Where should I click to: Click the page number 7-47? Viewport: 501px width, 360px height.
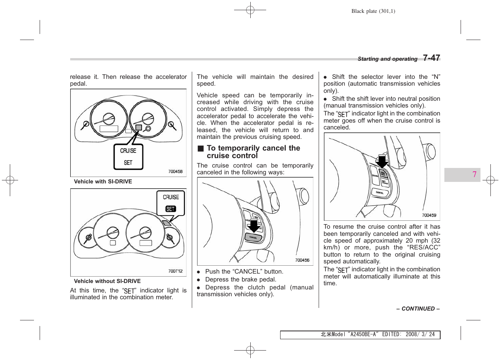pos(431,58)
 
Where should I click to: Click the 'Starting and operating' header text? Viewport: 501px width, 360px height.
pos(387,59)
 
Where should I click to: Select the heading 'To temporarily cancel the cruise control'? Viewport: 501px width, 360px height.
pos(253,152)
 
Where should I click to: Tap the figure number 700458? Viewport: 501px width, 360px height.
pos(175,171)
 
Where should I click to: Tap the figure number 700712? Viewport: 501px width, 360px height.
pos(175,271)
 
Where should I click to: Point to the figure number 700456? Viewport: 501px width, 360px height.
pos(302,260)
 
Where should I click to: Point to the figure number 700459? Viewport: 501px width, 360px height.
pos(429,215)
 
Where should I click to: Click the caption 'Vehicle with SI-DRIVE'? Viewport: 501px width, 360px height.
pos(103,182)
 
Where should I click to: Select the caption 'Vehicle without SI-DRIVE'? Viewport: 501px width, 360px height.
pos(107,281)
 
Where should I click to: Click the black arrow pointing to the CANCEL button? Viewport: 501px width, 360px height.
pos(254,225)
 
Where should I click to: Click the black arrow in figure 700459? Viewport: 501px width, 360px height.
pos(382,161)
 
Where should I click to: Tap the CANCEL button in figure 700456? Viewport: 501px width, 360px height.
pos(253,237)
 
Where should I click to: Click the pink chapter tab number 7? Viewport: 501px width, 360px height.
pos(474,174)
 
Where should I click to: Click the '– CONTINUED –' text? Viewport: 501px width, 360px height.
pos(418,309)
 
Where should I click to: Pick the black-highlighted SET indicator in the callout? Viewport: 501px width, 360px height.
pos(171,209)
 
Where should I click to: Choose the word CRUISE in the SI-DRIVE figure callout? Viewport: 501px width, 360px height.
pos(128,151)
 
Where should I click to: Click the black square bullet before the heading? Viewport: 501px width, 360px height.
pos(200,149)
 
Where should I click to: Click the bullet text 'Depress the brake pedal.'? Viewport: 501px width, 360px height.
pos(240,279)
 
